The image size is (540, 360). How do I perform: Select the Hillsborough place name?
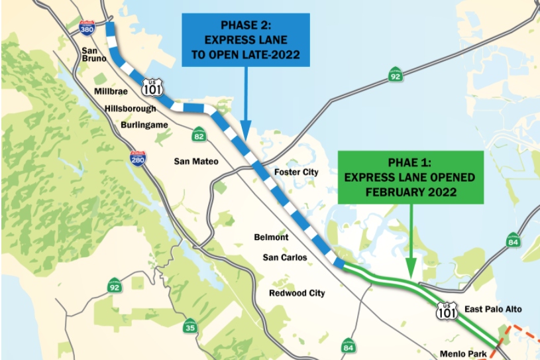coord(130,108)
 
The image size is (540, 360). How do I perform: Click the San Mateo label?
coord(195,160)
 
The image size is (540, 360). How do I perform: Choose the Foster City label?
coord(296,172)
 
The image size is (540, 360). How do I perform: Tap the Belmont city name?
coord(271,237)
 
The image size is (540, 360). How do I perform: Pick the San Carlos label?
coord(285,257)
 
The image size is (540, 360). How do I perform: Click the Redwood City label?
coord(297,292)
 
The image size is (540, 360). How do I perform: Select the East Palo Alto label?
coord(493,310)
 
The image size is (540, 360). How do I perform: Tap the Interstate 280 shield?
coord(138,158)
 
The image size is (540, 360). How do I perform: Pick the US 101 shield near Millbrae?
coord(151,86)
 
